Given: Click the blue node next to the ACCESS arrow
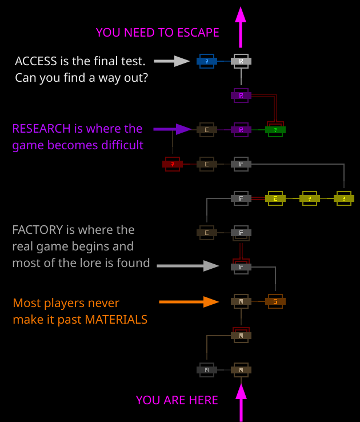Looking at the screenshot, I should (207, 61).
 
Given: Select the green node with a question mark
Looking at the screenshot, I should (275, 130).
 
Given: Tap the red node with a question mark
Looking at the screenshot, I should (173, 164).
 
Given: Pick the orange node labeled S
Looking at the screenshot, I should (275, 301).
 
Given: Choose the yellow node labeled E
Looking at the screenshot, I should (275, 198).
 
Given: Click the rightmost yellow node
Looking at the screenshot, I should (344, 198).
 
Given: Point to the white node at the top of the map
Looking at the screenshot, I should (241, 61).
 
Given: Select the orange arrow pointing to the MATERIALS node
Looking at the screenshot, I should (189, 301).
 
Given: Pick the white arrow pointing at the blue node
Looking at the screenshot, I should (173, 61).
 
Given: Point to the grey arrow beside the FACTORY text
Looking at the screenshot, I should (187, 265).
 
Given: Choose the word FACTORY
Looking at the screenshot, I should (37, 230).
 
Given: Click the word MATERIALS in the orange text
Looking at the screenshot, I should (116, 319).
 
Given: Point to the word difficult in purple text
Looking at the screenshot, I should (118, 145).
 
